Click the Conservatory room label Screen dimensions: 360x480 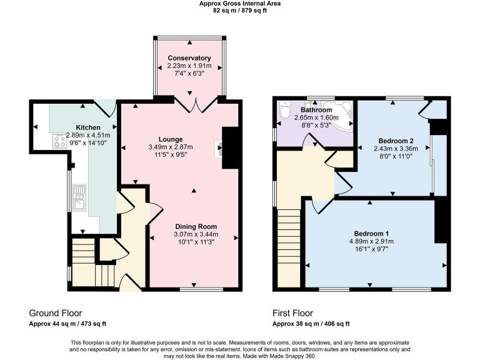[189, 58]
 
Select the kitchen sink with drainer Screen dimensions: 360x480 [79, 202]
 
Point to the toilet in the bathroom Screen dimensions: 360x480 [285, 111]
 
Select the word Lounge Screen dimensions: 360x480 [170, 139]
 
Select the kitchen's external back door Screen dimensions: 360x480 [105, 107]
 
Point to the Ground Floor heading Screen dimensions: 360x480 [56, 313]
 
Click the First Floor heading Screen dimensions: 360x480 [292, 313]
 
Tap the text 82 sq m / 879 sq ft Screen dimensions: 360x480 [239, 11]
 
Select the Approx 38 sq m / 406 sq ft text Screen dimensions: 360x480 [311, 324]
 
